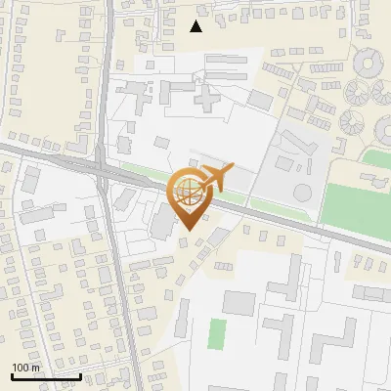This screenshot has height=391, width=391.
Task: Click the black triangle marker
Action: click(x=196, y=26)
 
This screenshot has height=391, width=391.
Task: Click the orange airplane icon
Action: click(x=215, y=178)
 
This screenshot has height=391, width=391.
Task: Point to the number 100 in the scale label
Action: click(x=22, y=368)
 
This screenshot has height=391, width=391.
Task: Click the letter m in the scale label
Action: click(x=36, y=368)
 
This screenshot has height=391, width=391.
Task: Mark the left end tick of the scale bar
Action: click(x=11, y=375)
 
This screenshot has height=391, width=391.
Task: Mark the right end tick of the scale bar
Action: click(x=80, y=375)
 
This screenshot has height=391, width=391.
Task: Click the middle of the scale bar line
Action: click(x=45, y=376)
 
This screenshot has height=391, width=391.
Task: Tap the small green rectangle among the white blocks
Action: click(x=217, y=333)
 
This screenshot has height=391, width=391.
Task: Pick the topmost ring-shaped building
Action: click(x=370, y=65)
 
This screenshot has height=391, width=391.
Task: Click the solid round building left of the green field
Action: click(x=303, y=192)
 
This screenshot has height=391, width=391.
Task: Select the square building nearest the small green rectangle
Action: click(x=239, y=303)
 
